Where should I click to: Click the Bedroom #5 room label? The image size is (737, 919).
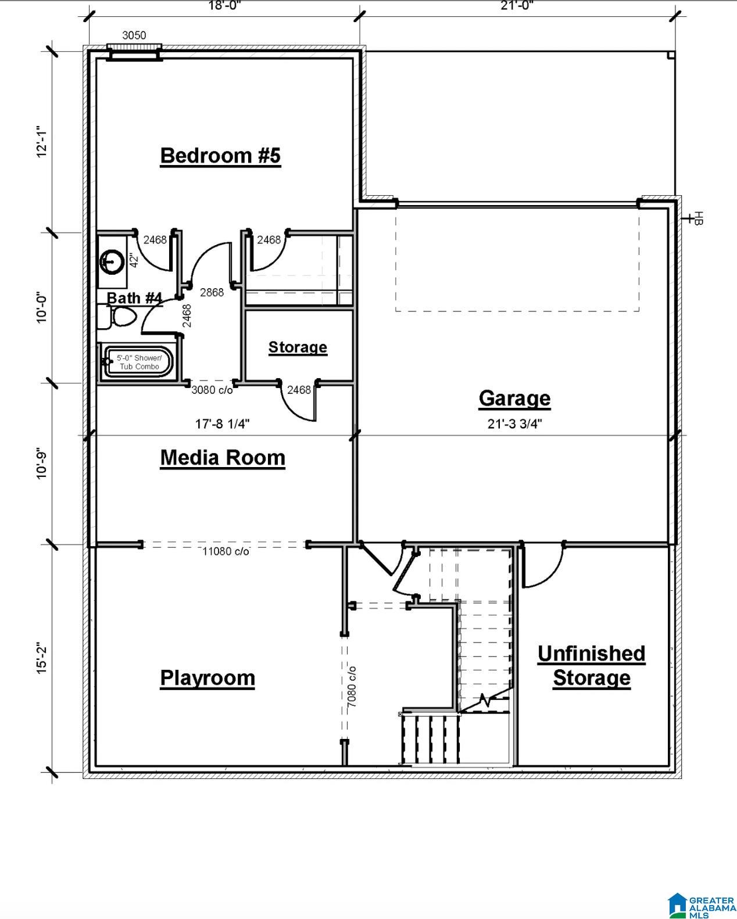click(220, 156)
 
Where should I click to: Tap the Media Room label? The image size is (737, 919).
click(223, 458)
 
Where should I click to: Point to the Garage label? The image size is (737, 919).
click(514, 399)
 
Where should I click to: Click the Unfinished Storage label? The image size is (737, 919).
click(591, 666)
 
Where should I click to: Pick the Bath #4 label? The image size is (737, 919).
click(134, 297)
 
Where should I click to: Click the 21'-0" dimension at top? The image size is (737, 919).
click(517, 6)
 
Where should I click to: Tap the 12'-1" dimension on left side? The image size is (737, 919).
click(42, 142)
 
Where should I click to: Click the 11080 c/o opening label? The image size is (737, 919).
click(226, 551)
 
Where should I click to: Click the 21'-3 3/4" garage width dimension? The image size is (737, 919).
click(515, 424)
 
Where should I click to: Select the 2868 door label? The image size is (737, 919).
click(212, 293)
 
